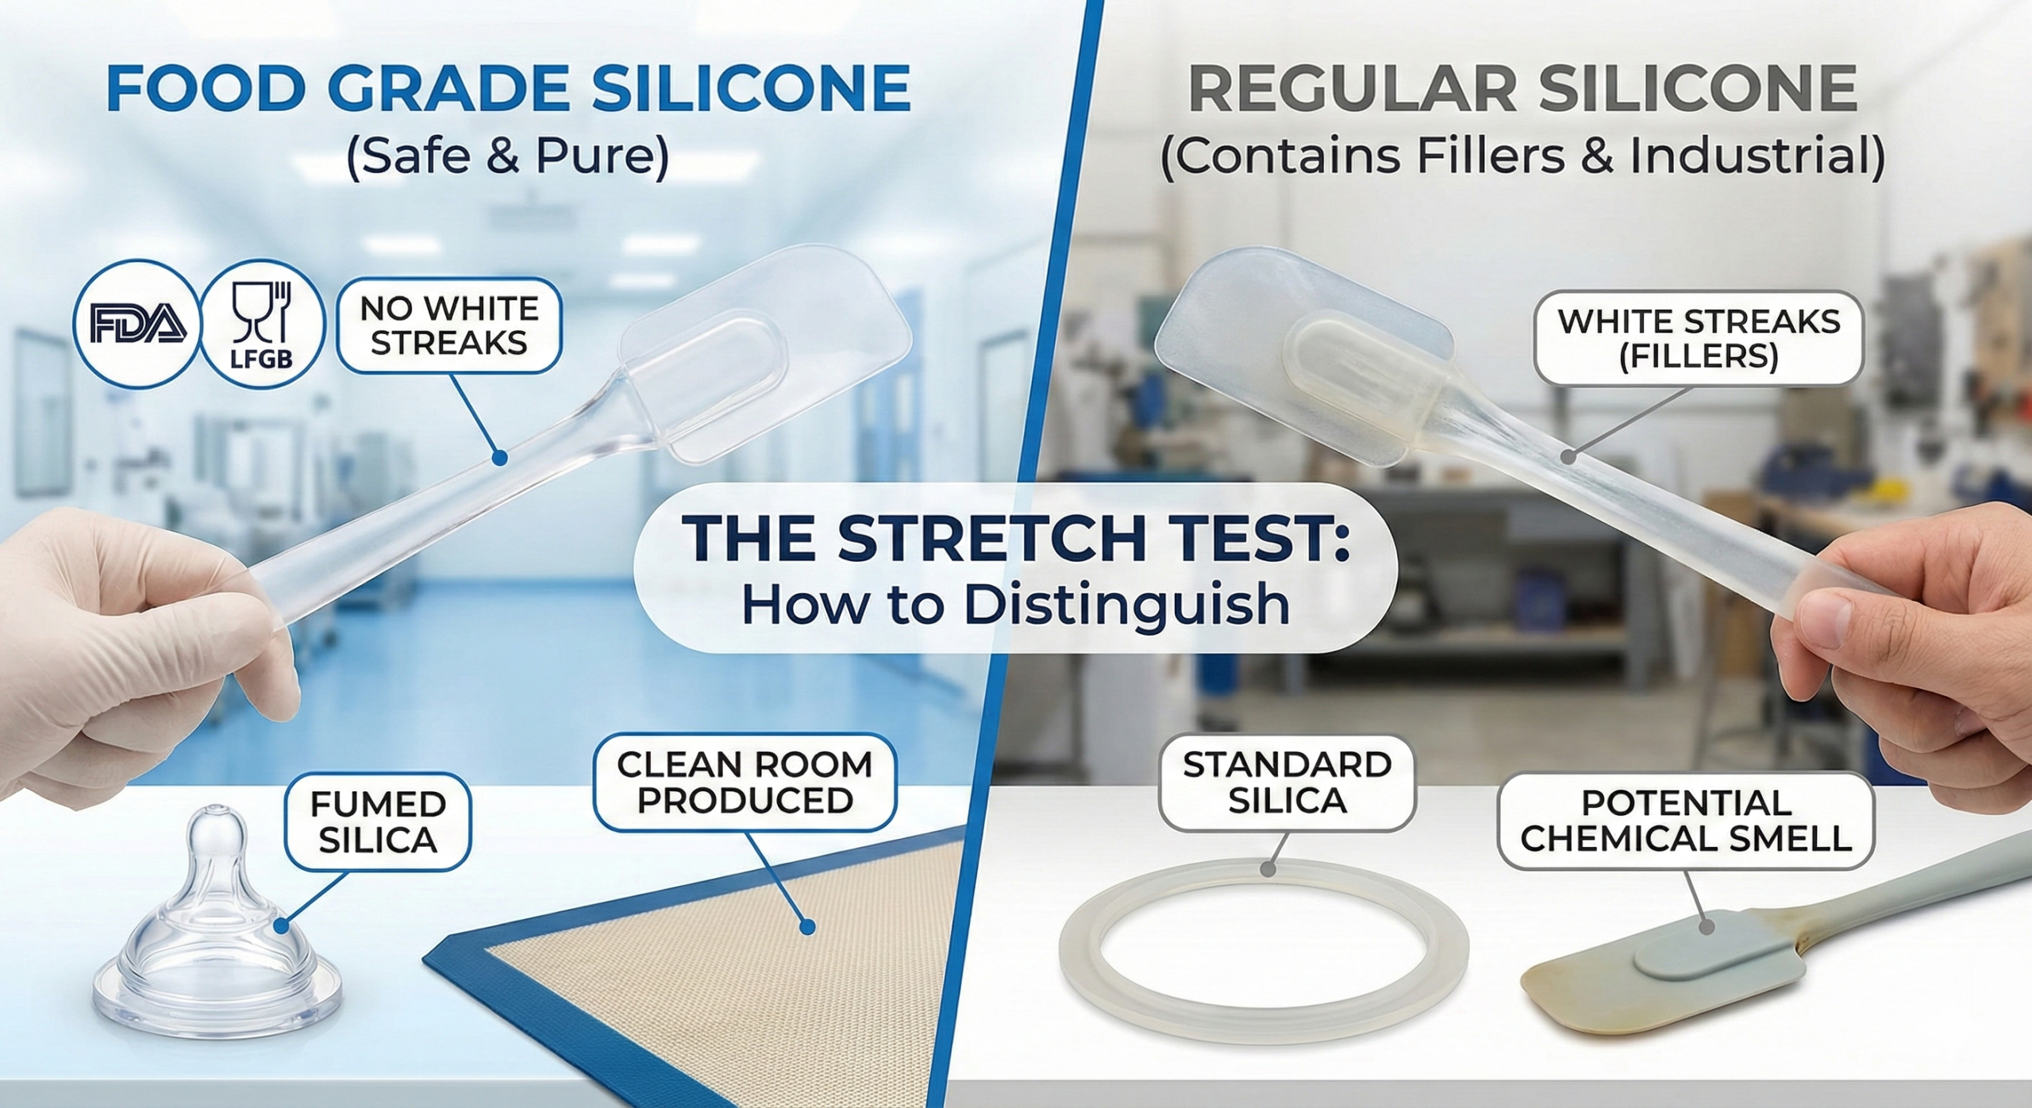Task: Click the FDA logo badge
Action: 136,324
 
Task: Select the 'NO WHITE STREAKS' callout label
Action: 449,325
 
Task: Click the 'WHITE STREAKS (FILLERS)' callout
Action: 1698,339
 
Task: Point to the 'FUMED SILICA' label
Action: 378,821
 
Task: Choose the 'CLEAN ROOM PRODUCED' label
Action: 745,782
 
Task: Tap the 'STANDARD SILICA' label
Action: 1287,783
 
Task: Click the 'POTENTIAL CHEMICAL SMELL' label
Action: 1686,821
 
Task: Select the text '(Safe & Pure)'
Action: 508,156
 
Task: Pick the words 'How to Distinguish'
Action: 1015,605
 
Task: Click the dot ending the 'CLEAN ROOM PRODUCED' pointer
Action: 808,926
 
